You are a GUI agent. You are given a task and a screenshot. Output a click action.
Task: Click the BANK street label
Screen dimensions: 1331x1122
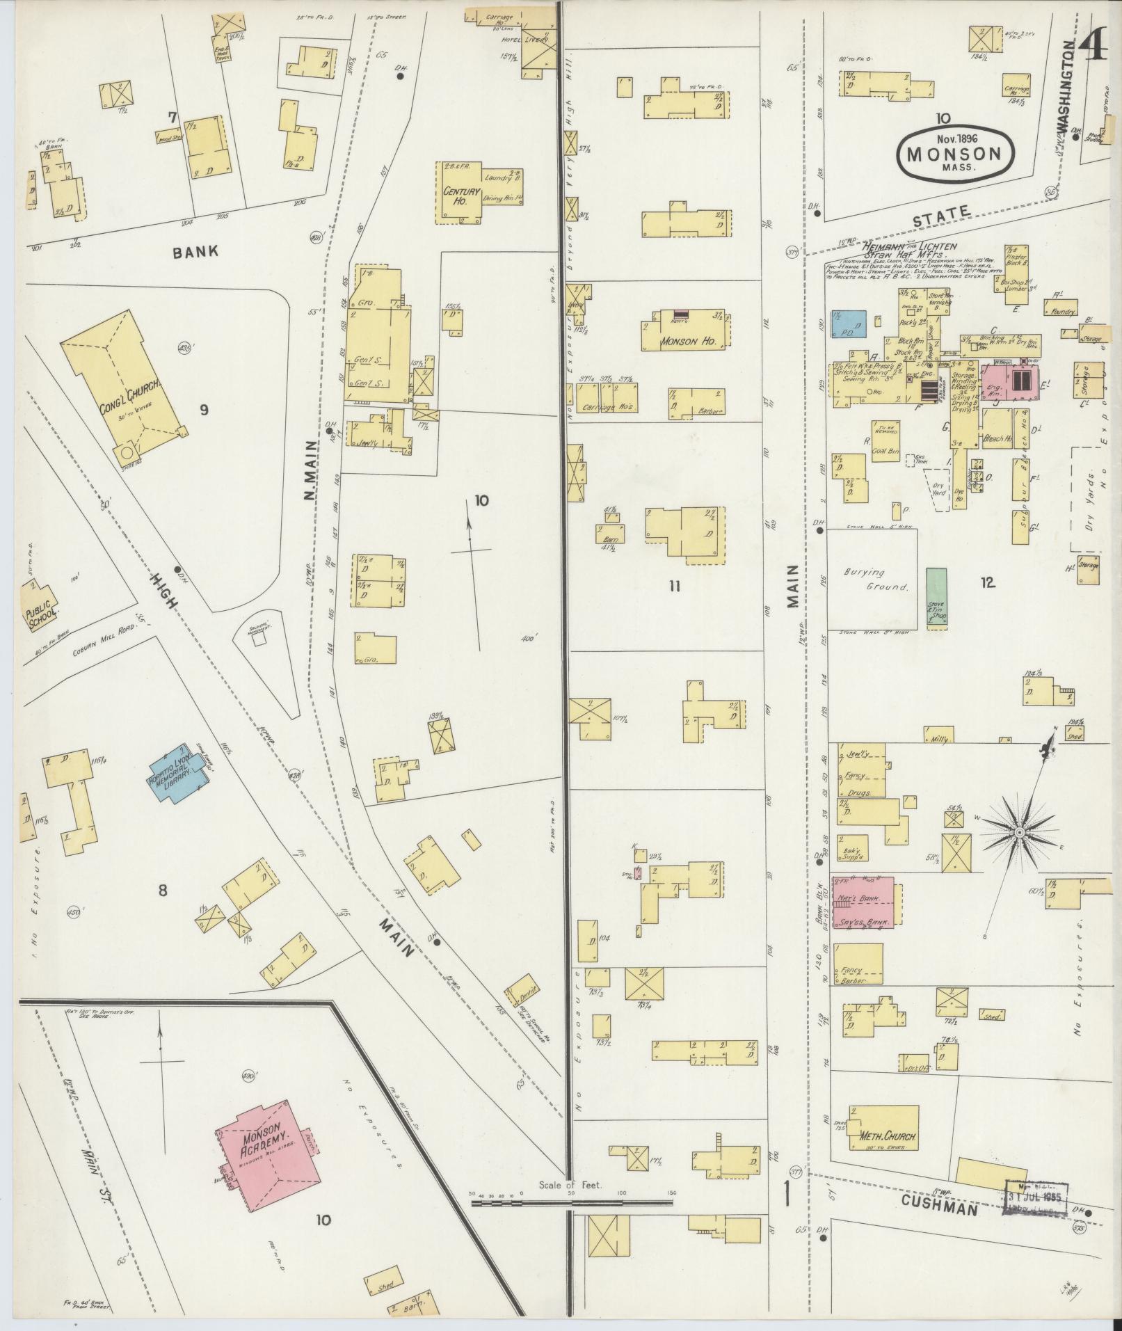pos(197,251)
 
